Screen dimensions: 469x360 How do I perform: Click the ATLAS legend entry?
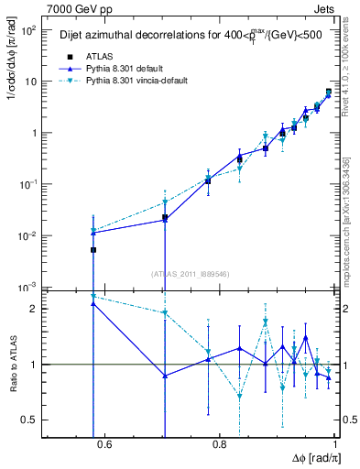pyautogui.click(x=113, y=57)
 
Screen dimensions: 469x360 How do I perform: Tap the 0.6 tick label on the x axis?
pyautogui.click(x=103, y=445)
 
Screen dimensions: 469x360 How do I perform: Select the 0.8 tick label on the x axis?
pyautogui.click(x=220, y=445)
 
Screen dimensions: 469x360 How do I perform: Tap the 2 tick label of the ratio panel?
pyautogui.click(x=36, y=309)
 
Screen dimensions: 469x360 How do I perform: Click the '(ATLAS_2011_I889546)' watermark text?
pyautogui.click(x=191, y=273)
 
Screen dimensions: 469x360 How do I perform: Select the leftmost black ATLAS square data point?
pyautogui.click(x=93, y=249)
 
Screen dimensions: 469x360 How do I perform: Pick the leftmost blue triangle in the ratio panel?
pyautogui.click(x=93, y=303)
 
